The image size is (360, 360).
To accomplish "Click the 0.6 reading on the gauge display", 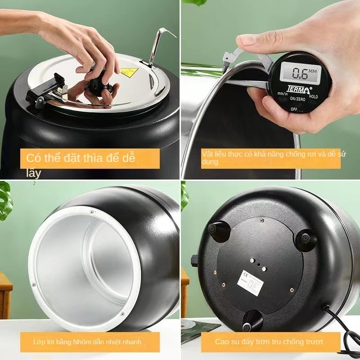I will (x=300, y=72).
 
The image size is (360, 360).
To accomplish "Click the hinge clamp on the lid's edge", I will (x=45, y=90).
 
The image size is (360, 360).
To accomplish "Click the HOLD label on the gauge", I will (x=313, y=96).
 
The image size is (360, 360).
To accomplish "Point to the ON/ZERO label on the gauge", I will (x=297, y=99).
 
